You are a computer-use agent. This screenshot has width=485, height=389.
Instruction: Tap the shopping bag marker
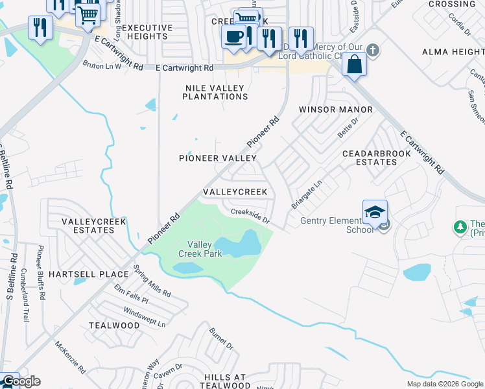(355, 64)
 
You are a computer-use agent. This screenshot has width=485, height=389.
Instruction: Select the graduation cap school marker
(375, 212)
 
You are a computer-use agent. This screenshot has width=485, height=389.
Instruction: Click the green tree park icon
(460, 227)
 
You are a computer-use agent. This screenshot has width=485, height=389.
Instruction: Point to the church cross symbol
(373, 50)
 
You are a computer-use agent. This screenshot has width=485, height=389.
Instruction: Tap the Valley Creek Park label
(200, 249)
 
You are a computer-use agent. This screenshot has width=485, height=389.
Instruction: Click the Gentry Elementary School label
(337, 225)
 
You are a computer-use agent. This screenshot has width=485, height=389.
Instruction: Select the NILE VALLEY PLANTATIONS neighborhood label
(215, 92)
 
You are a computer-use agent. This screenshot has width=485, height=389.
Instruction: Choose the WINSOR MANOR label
(335, 110)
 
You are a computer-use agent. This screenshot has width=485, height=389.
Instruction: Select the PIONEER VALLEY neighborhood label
(218, 158)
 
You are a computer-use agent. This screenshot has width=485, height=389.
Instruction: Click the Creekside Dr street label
(250, 215)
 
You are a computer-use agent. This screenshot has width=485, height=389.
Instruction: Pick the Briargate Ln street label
(306, 195)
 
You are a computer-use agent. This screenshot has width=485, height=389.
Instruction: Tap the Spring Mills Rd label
(151, 281)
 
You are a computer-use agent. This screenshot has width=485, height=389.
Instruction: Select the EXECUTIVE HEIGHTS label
(147, 32)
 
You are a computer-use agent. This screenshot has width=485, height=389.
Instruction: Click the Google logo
(21, 381)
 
